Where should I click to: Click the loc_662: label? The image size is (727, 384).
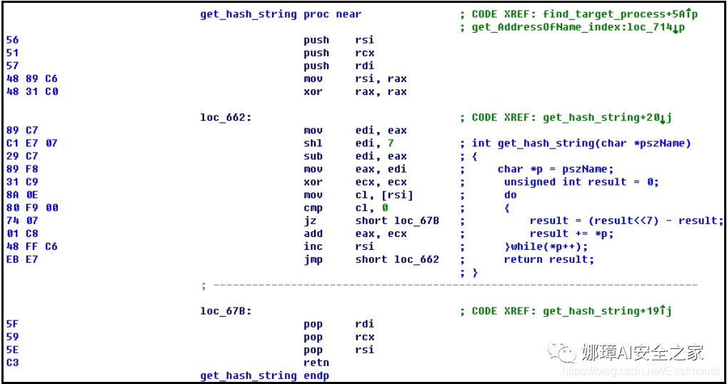pos(226,118)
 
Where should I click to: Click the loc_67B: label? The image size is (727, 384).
pos(226,311)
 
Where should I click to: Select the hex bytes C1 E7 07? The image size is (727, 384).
pos(31,143)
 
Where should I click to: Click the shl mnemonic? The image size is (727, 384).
pos(313,143)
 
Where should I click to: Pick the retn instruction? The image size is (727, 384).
pos(316,363)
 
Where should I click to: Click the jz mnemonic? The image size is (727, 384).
pos(309,221)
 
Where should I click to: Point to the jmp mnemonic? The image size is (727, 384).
pos(313,259)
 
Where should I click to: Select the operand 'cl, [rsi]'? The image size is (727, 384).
pos(384,195)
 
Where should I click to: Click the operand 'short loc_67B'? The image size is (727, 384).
pos(397,221)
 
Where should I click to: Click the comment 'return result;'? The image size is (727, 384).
pos(548,259)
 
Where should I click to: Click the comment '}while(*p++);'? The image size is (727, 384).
pos(546,246)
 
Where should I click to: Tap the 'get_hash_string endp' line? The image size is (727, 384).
pos(264,375)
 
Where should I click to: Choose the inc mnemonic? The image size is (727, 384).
pos(313,246)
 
